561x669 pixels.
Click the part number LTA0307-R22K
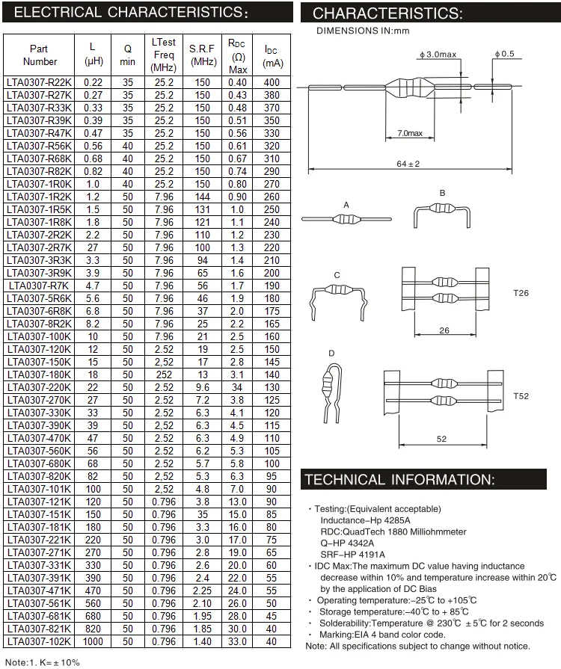click(x=40, y=82)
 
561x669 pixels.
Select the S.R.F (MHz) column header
click(x=203, y=55)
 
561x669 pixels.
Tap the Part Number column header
click(x=40, y=55)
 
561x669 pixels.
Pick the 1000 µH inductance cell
click(x=93, y=641)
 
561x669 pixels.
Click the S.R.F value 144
click(x=203, y=197)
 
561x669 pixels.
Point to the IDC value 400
click(x=272, y=82)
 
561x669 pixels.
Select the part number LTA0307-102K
click(x=40, y=641)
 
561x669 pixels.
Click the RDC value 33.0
click(x=238, y=641)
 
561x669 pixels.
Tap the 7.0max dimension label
click(x=409, y=134)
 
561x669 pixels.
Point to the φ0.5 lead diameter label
click(x=504, y=55)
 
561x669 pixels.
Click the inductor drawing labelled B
click(x=443, y=214)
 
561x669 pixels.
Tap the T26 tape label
click(x=521, y=294)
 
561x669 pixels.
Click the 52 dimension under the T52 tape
click(x=441, y=439)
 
